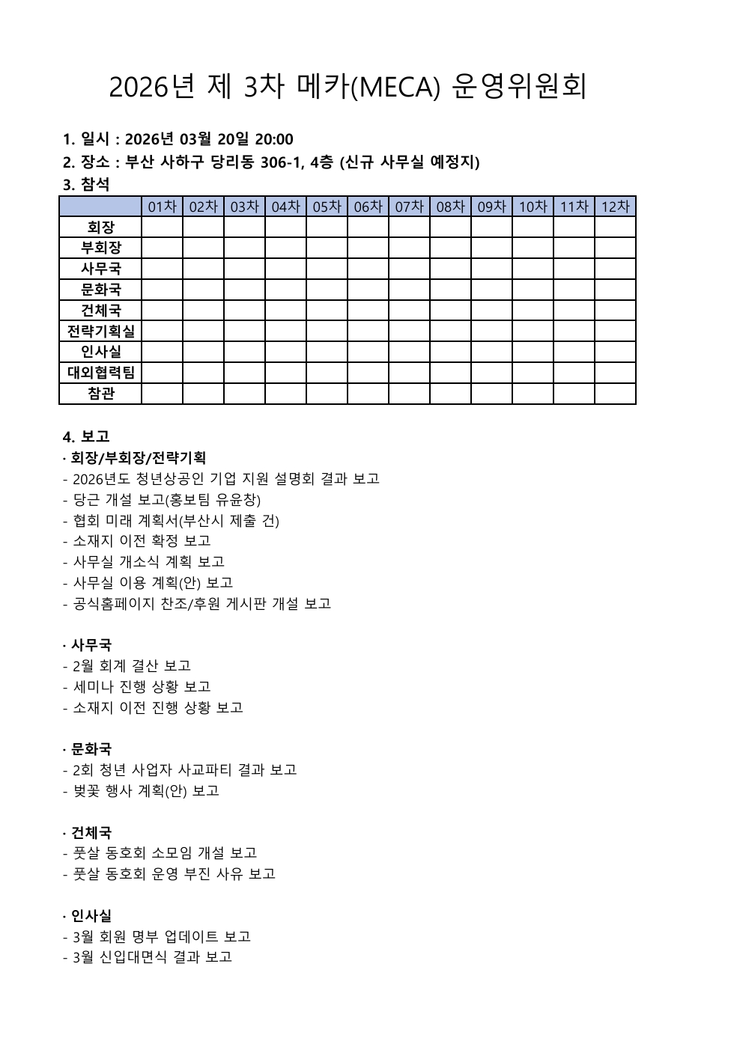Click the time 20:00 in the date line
274,139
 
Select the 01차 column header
163,207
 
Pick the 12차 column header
616,207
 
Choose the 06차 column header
368,207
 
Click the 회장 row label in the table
101,227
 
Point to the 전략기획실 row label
101,331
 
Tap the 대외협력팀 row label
101,373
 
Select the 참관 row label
101,394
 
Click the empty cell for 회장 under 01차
163,227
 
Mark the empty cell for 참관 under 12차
616,394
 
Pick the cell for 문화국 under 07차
409,290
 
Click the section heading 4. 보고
86,436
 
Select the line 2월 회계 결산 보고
132,665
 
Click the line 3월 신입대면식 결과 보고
153,956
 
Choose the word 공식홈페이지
115,603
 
